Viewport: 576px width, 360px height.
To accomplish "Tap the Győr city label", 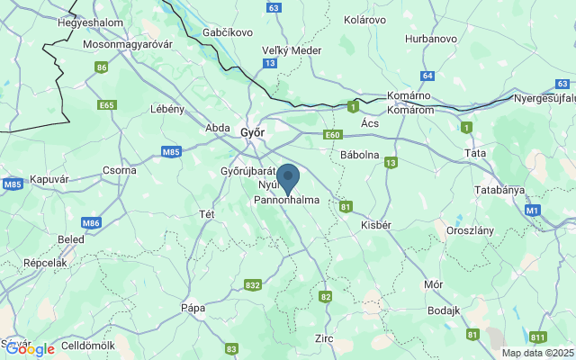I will coord(253,132).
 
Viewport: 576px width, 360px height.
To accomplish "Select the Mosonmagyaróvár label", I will coord(126,43).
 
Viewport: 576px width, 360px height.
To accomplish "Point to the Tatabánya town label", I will coord(499,190).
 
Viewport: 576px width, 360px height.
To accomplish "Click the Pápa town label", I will coord(193,307).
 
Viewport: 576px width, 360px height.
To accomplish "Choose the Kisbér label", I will coord(375,225).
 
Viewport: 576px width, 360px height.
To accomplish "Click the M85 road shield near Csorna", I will coord(172,152).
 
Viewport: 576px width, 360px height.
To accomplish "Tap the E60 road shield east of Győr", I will coord(334,134).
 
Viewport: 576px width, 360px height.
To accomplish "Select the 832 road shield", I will coord(253,284).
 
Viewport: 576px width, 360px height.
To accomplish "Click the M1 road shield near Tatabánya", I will coord(532,210).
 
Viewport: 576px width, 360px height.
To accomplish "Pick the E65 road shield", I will coord(107,104).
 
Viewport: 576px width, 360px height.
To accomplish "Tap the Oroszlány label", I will coord(471,230).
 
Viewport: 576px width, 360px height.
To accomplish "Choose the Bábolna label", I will coord(360,154).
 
